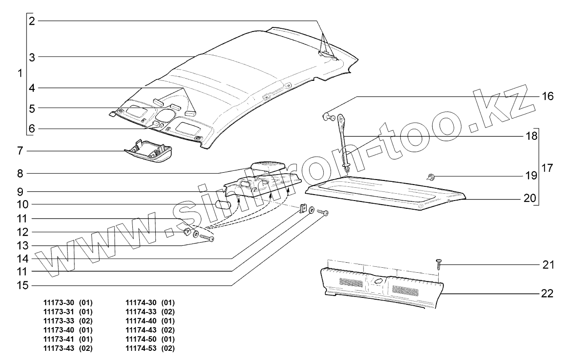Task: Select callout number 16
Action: click(547, 96)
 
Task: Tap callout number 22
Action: click(547, 293)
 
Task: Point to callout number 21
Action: click(547, 265)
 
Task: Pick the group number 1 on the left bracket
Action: click(19, 73)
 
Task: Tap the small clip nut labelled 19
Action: click(430, 177)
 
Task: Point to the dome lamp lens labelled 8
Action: click(268, 165)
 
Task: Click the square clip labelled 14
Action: click(302, 209)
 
